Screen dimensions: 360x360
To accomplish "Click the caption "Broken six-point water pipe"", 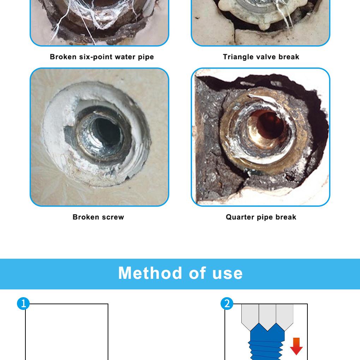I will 102,57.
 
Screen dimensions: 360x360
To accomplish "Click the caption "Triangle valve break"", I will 261,57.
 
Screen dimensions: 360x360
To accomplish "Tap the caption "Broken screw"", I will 98,217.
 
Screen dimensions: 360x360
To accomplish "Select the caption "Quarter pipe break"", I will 261,217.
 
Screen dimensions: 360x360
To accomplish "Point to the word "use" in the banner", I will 228,273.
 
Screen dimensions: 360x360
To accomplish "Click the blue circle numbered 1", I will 24,304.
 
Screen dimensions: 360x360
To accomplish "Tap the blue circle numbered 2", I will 227,304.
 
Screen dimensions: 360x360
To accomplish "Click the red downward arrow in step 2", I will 296,346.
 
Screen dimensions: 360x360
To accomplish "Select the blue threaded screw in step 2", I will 267,344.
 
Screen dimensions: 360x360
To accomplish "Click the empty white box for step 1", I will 67,332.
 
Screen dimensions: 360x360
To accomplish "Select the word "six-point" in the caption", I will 93,57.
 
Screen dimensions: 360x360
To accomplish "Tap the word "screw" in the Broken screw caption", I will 113,217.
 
